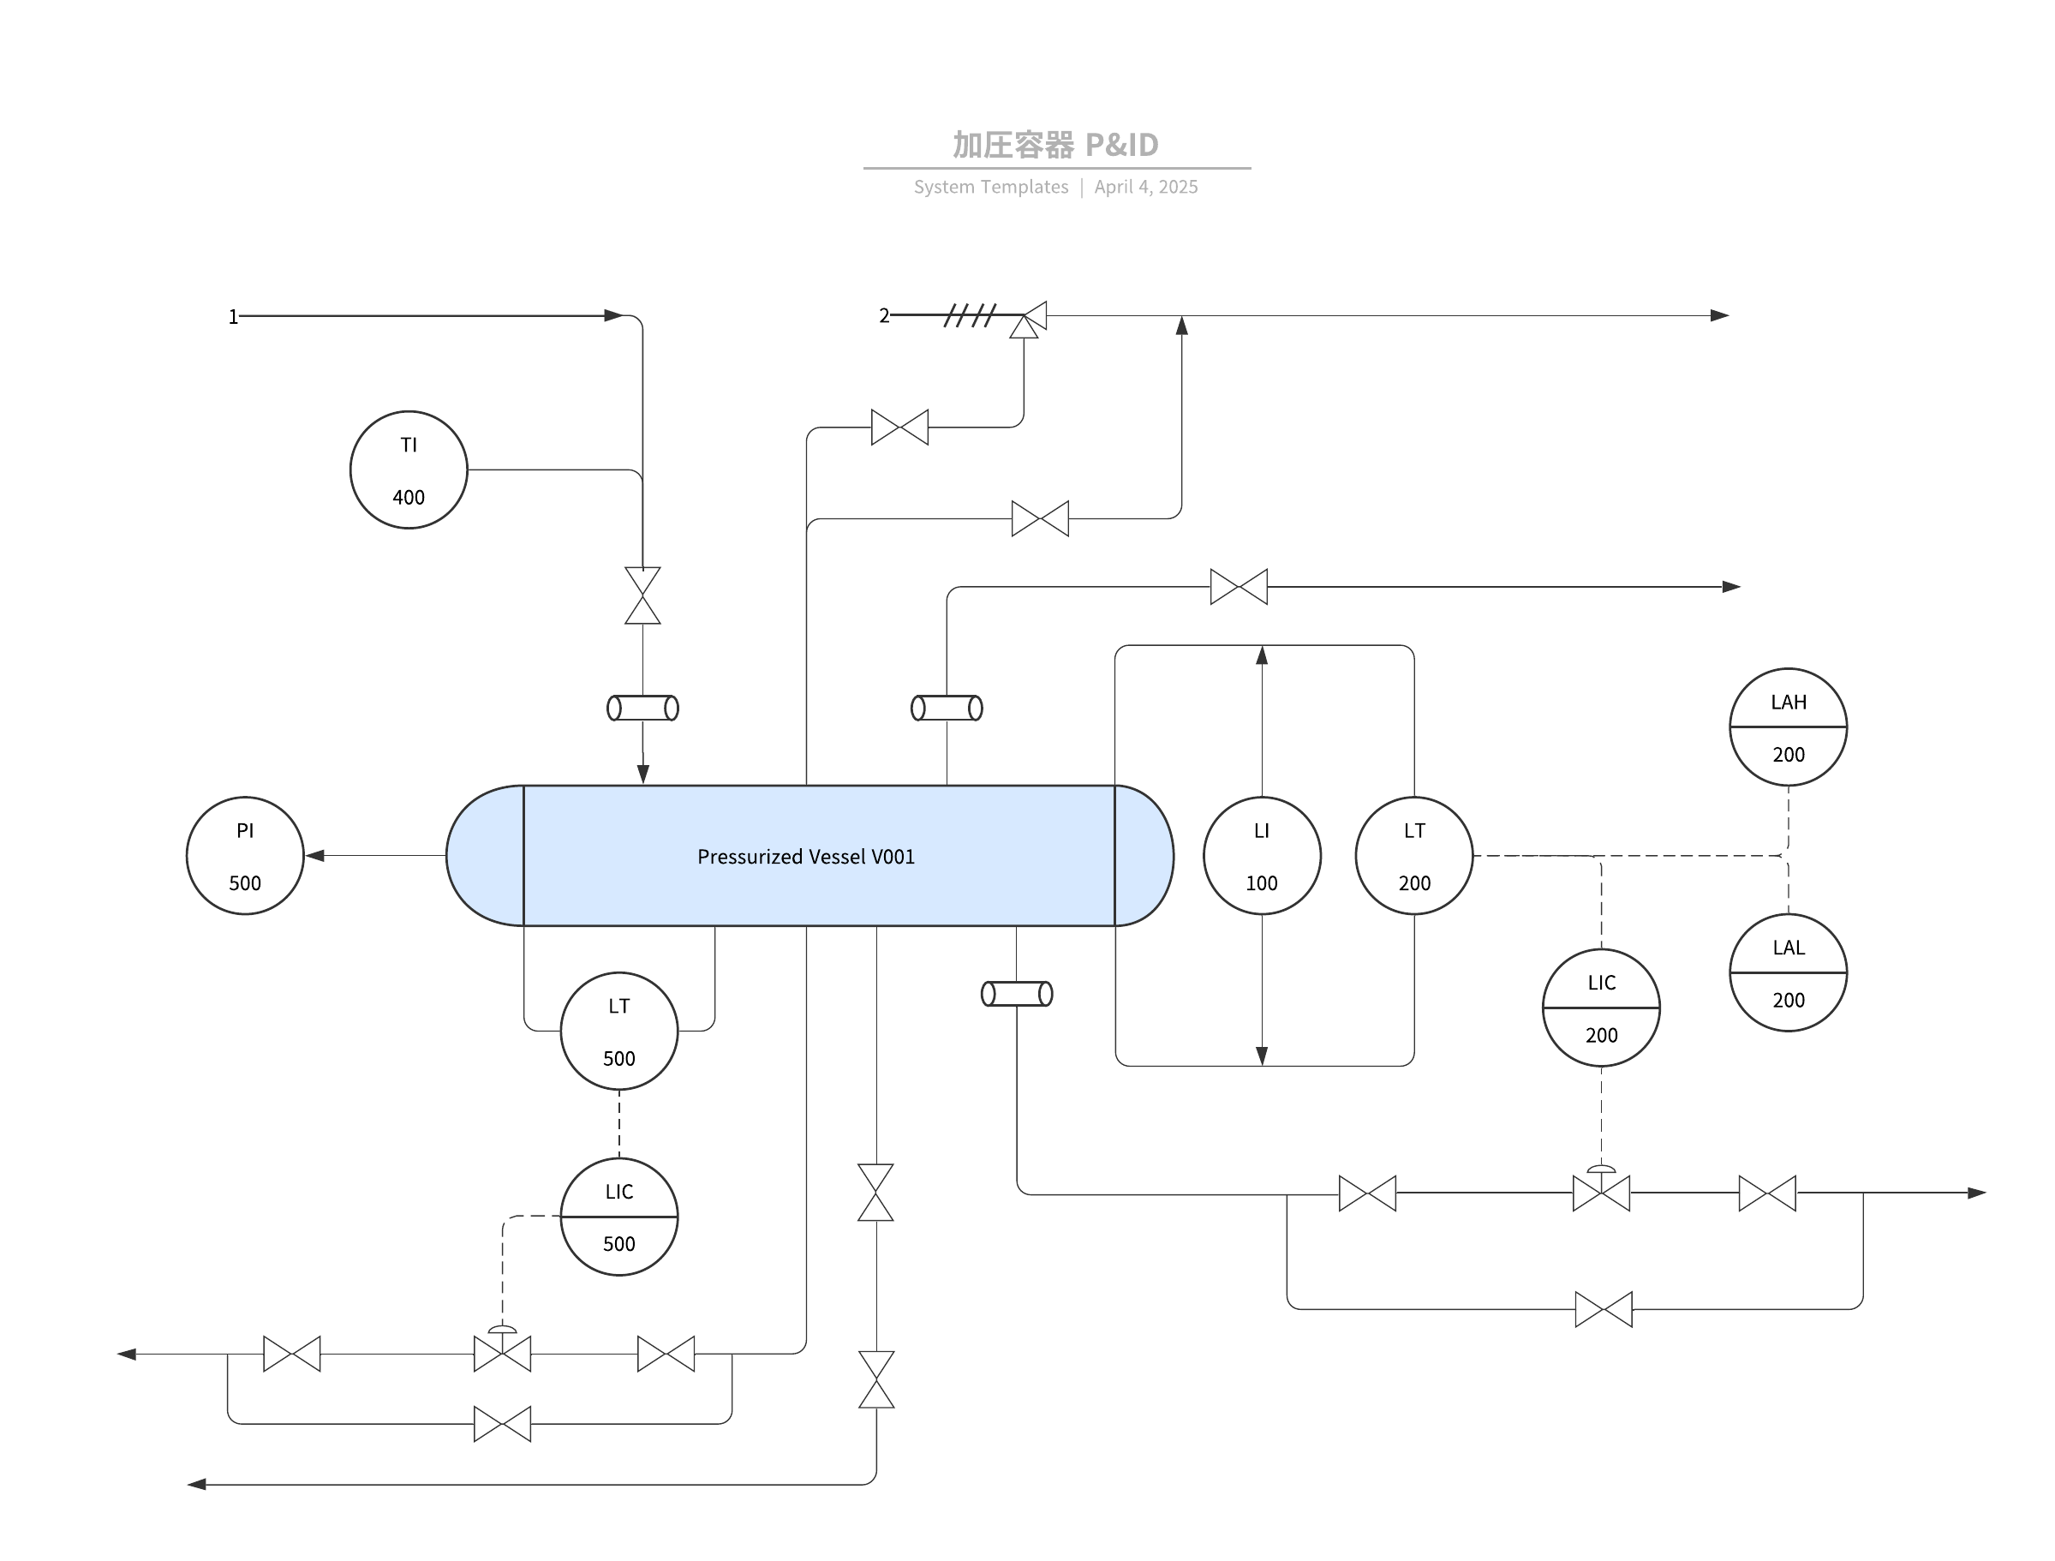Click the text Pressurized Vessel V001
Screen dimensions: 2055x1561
pyautogui.click(x=806, y=857)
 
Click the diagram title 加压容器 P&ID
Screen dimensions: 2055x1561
pyautogui.click(x=1055, y=145)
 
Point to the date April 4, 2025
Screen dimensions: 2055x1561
pyautogui.click(x=1146, y=187)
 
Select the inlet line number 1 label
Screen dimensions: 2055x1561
pyautogui.click(x=233, y=317)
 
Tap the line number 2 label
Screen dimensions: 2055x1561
pyautogui.click(x=884, y=316)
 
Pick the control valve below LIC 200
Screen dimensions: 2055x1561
pyautogui.click(x=1602, y=1188)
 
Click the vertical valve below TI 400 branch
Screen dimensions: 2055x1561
pyautogui.click(x=643, y=595)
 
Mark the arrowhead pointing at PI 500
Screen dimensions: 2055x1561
pyautogui.click(x=315, y=856)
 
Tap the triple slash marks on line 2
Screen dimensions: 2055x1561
pyautogui.click(x=970, y=316)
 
